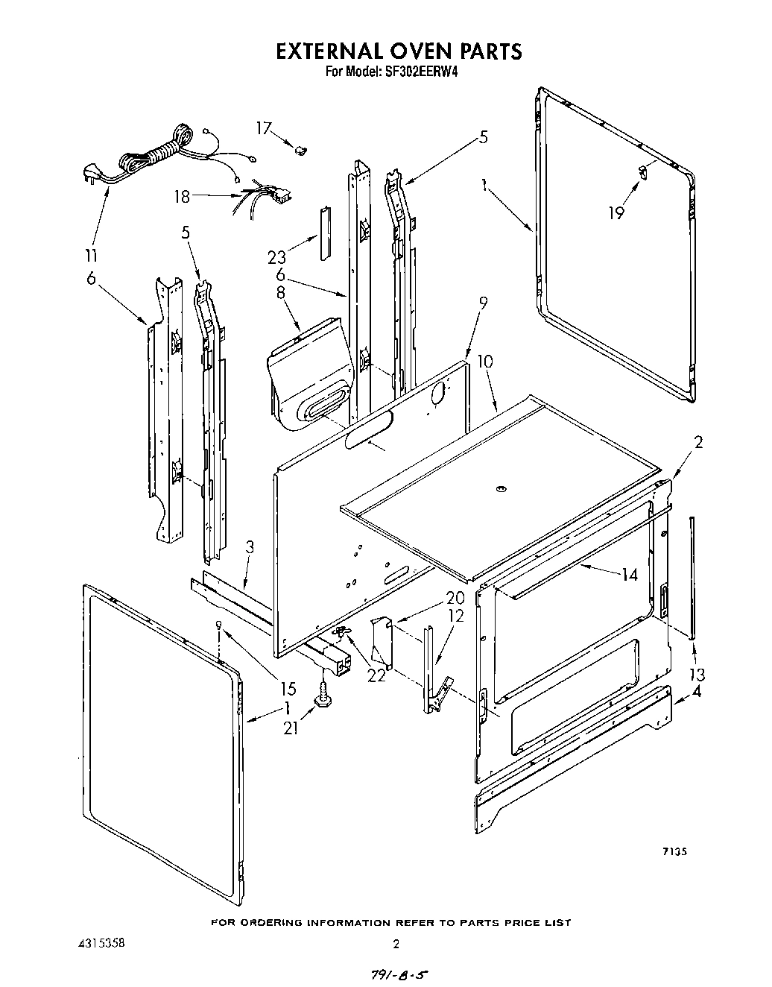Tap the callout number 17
[x=265, y=128]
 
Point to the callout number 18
[x=183, y=198]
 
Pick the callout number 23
[x=277, y=256]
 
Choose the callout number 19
[x=616, y=212]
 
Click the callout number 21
[x=291, y=727]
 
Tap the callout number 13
[x=697, y=675]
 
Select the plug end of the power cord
[x=89, y=174]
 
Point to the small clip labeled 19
[x=642, y=173]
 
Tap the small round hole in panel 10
[x=500, y=489]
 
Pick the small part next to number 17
[x=300, y=151]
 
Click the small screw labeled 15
[x=218, y=624]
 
